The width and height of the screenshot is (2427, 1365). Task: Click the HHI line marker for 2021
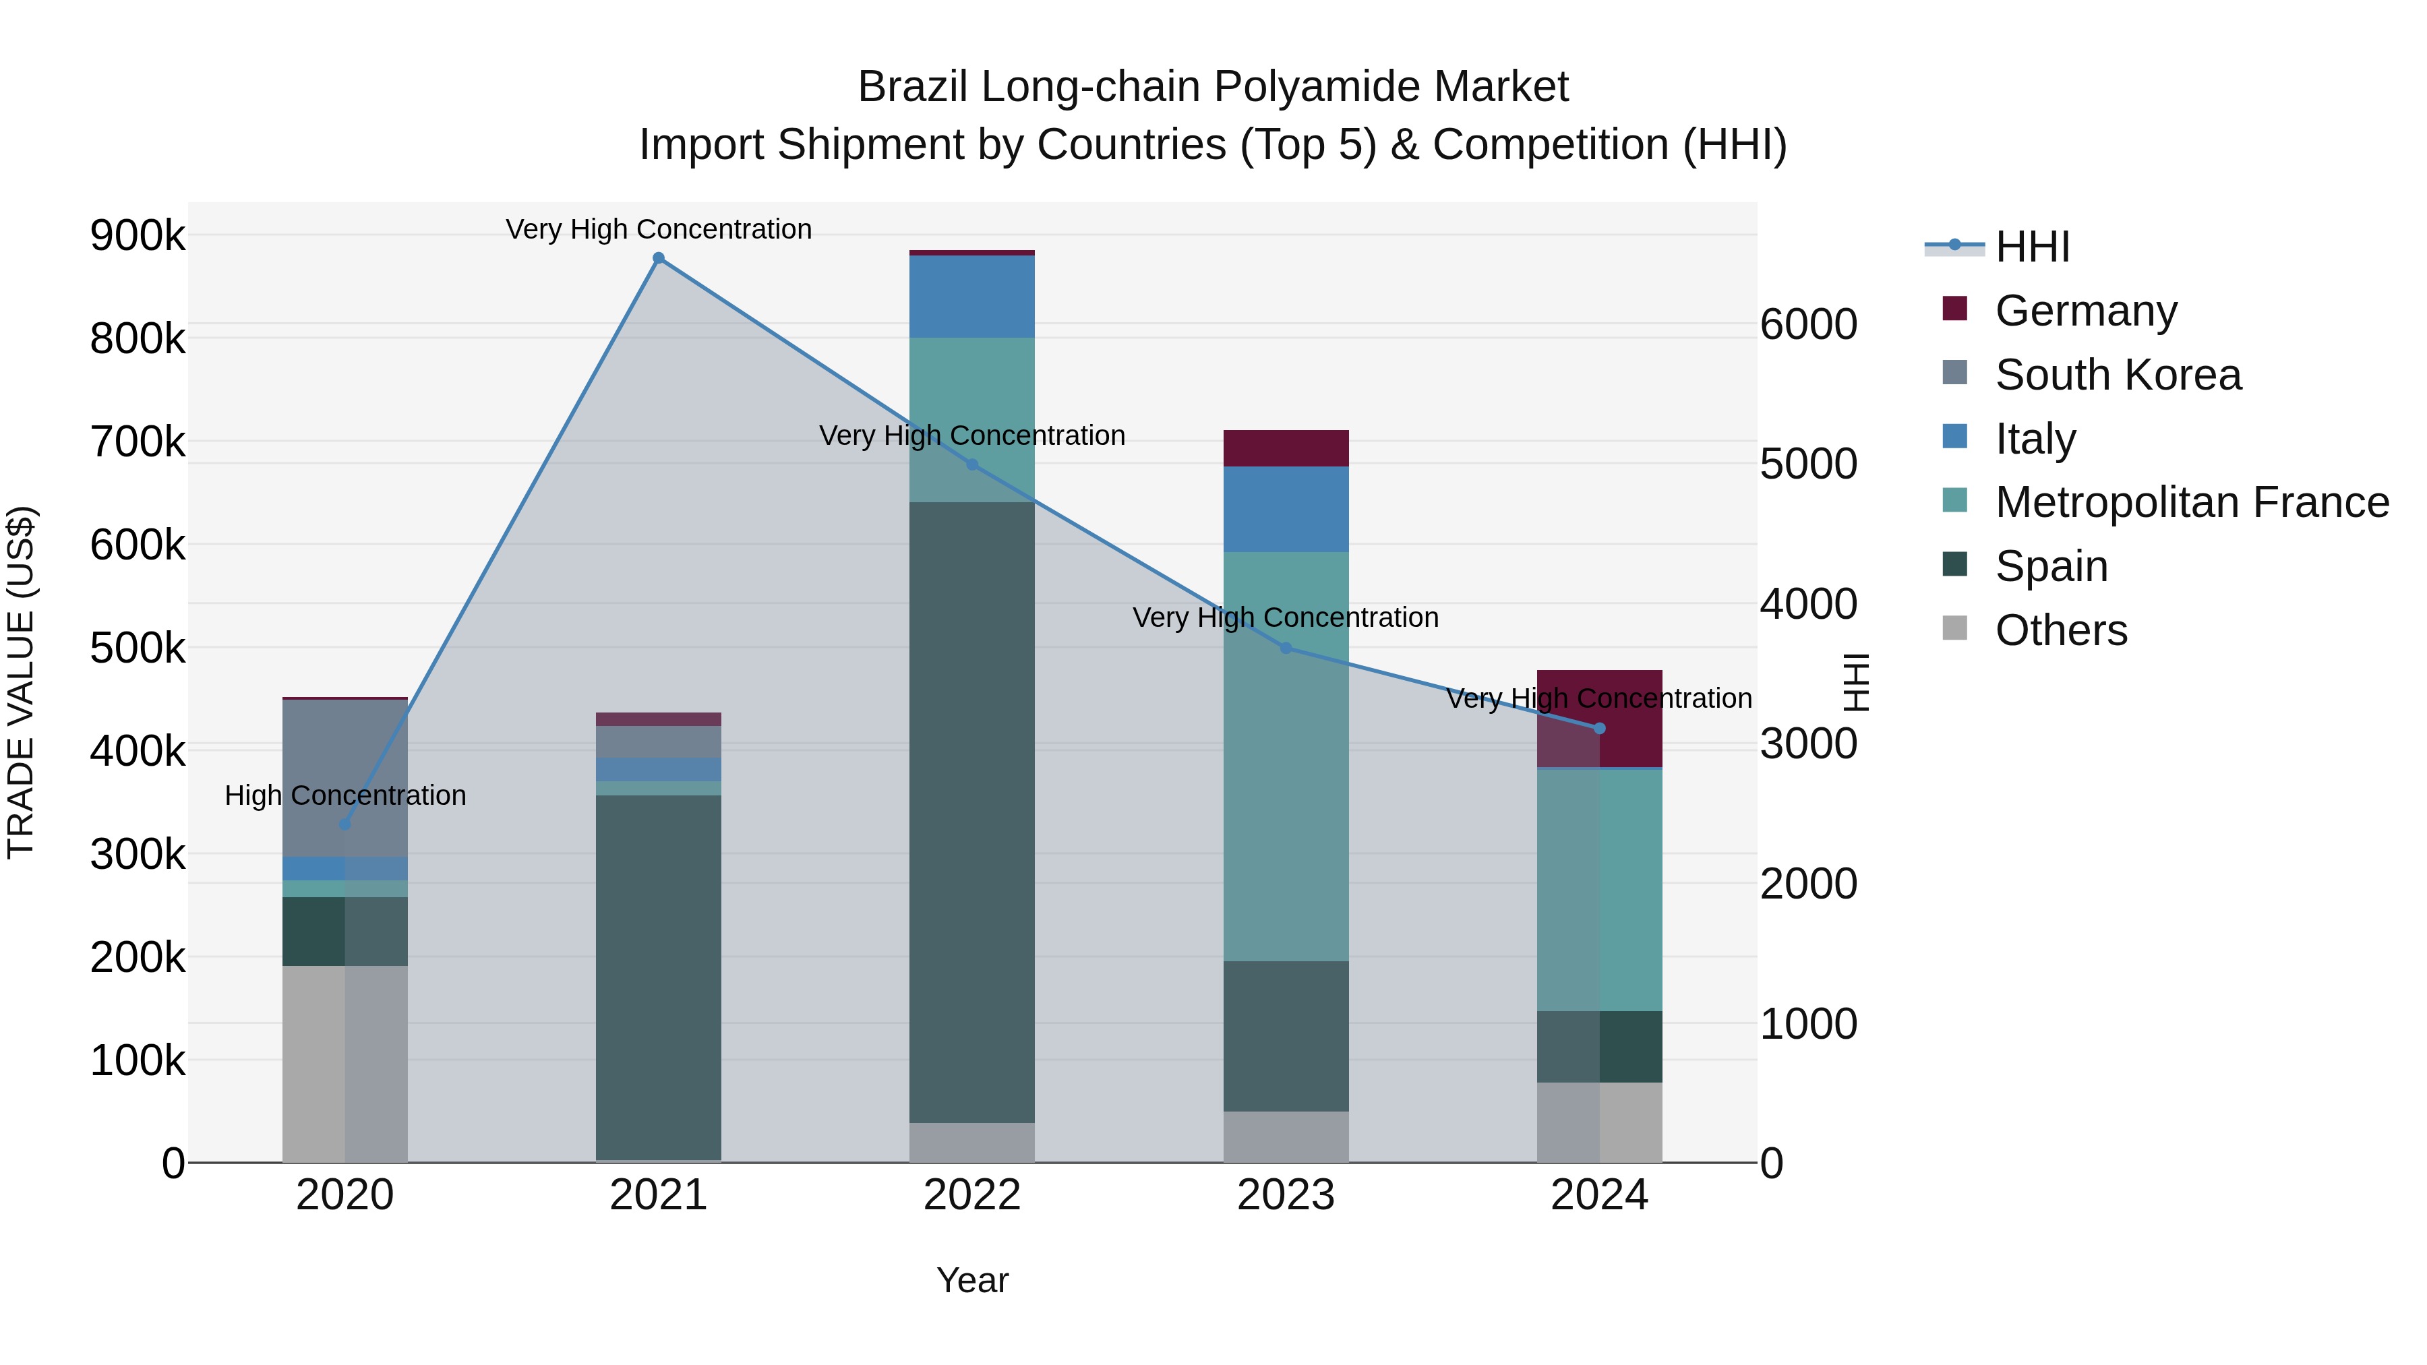pos(659,258)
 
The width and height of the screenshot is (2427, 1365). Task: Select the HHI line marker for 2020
pos(344,824)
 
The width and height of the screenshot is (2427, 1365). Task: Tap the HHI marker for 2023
pos(1286,648)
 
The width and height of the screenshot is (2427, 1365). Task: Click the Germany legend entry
pos(2085,310)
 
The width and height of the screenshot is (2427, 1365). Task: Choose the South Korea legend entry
pos(2117,374)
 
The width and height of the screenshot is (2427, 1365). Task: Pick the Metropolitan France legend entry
pos(2192,502)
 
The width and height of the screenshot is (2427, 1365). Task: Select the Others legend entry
pos(2060,630)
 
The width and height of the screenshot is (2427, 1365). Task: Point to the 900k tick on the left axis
pos(138,235)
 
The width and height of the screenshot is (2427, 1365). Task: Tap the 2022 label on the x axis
pos(972,1195)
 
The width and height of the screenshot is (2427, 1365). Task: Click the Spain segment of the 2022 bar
pos(972,810)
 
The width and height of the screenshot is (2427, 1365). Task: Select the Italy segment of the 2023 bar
pos(1286,509)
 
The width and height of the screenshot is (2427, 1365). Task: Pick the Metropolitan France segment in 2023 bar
pos(1286,754)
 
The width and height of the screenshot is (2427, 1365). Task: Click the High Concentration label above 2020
pos(344,796)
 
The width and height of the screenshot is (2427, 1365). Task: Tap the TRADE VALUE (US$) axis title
pos(21,682)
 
